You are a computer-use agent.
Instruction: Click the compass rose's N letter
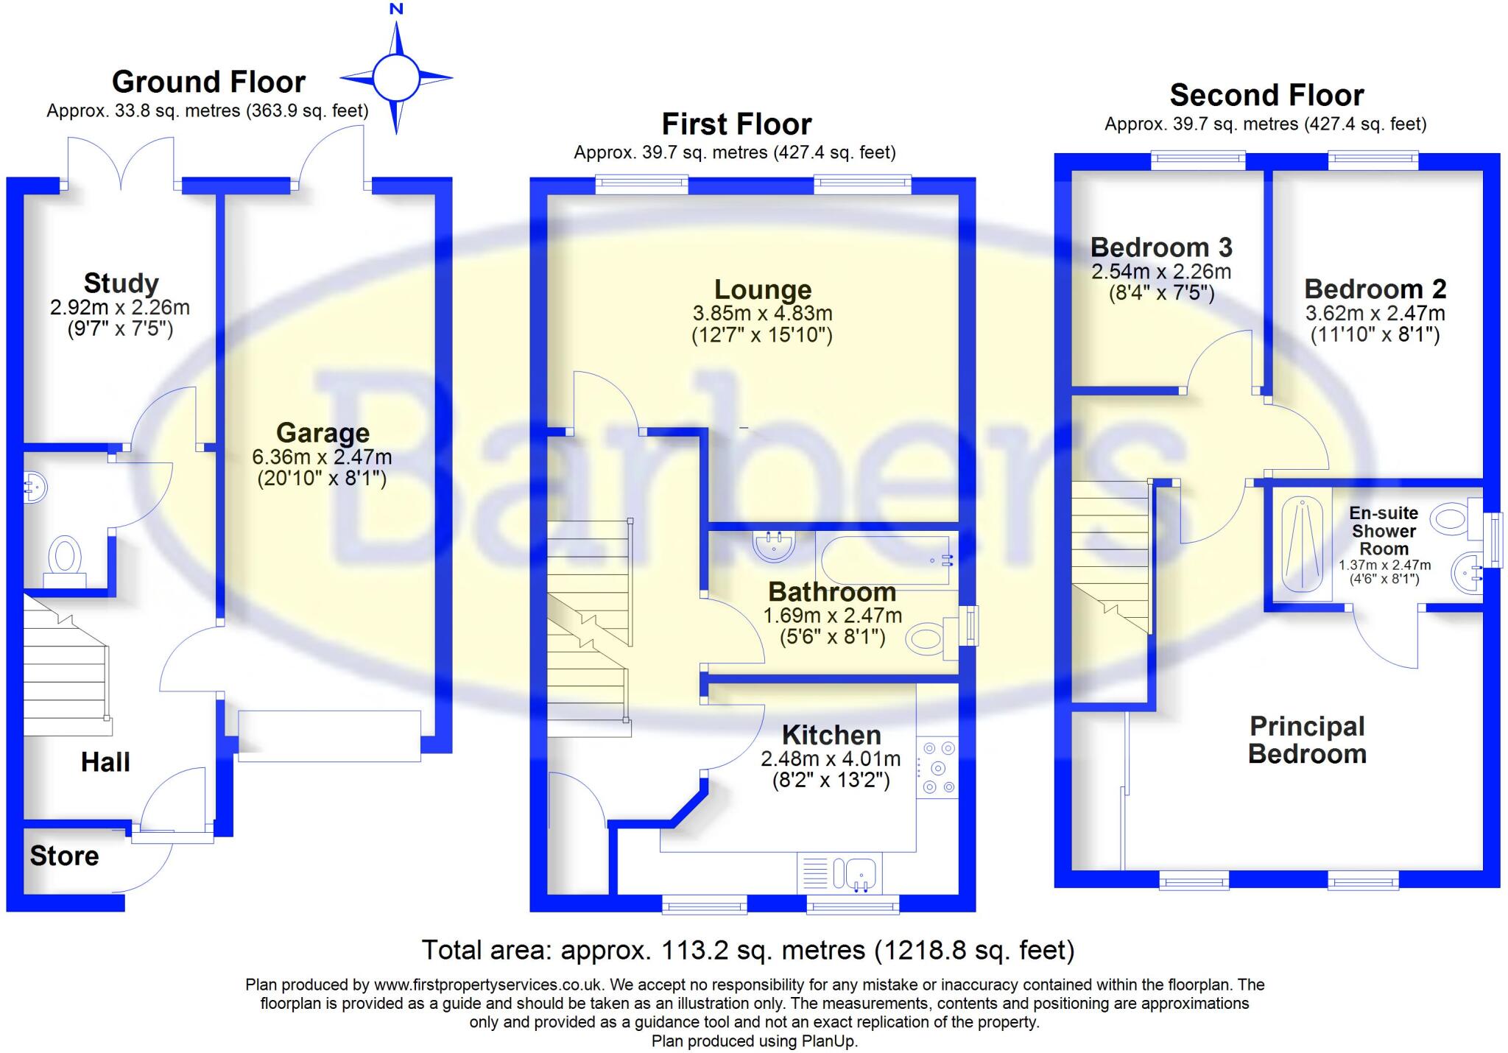(396, 9)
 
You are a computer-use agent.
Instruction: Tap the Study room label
(121, 283)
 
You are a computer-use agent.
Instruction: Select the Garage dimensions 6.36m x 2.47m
(322, 457)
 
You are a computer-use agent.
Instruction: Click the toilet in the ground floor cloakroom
(65, 557)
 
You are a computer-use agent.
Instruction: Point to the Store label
(64, 856)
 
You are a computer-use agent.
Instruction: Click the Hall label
(105, 762)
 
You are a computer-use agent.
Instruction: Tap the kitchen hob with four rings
(938, 768)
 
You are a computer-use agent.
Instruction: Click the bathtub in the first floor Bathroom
(887, 560)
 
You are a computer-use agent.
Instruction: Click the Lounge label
(762, 289)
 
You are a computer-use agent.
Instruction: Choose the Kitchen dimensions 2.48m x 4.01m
(831, 758)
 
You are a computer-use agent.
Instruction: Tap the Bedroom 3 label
(1160, 247)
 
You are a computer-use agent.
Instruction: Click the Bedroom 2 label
(1375, 289)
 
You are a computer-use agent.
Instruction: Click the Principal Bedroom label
(1307, 740)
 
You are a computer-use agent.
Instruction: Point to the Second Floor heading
(1266, 95)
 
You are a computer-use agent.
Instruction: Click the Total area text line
(747, 950)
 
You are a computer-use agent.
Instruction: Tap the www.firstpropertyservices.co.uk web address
(489, 985)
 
